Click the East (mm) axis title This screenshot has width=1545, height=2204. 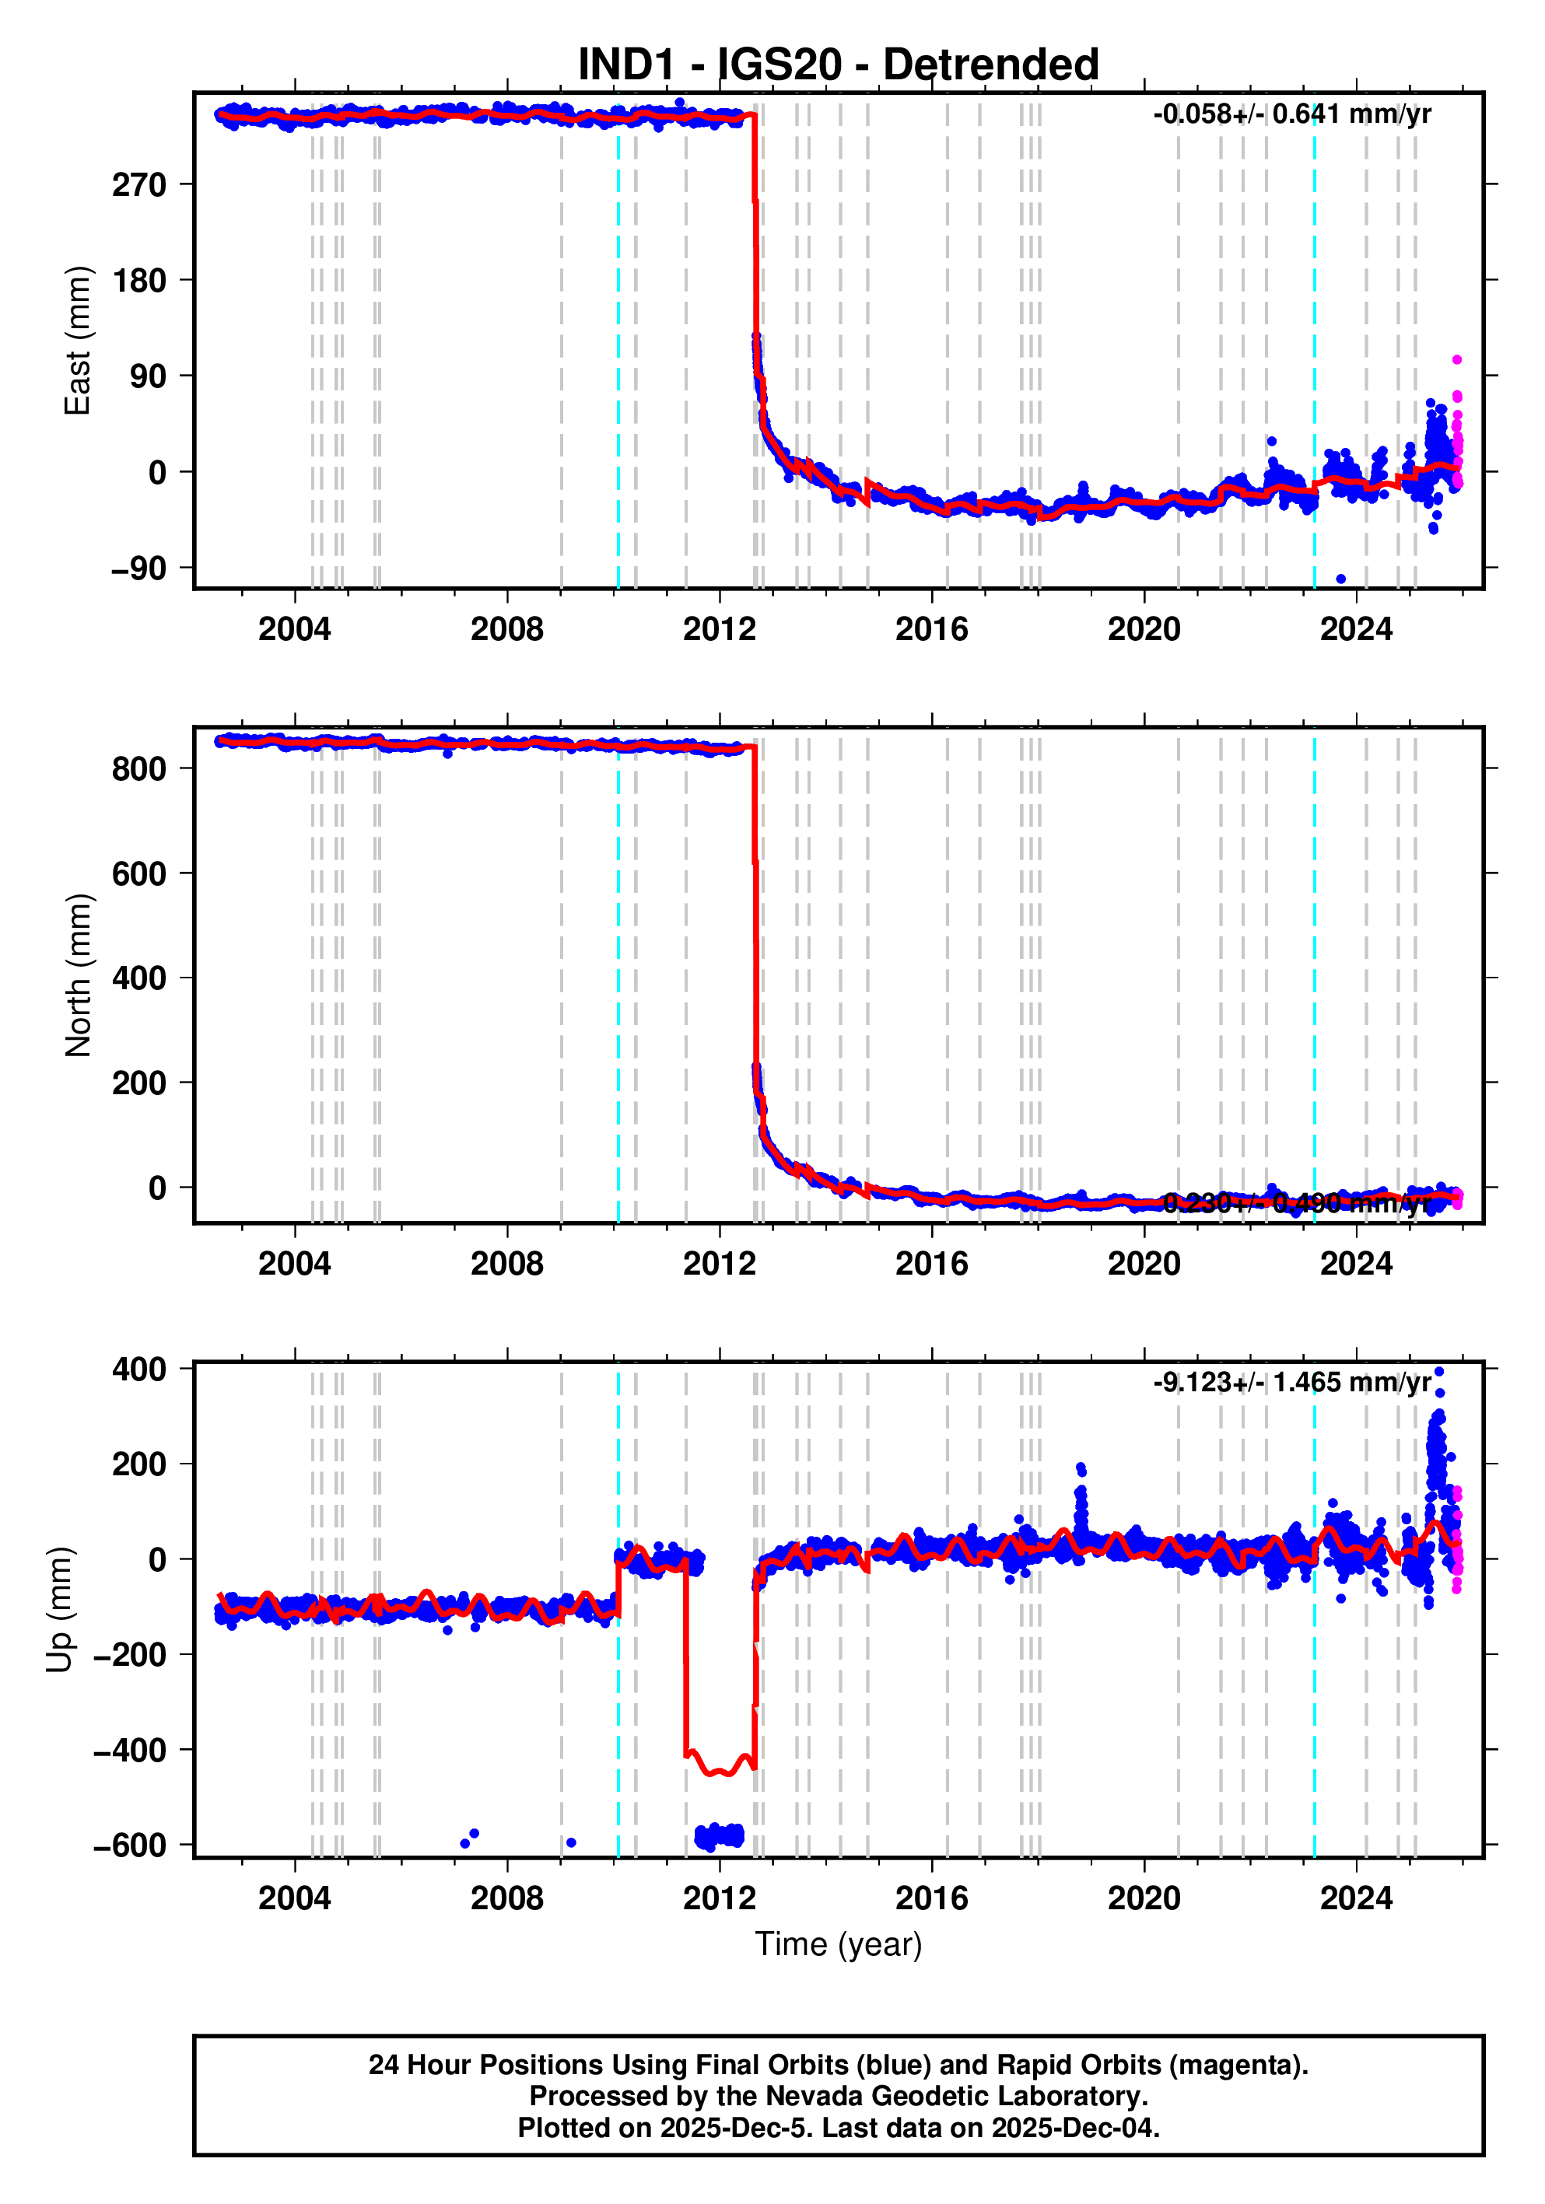(x=77, y=341)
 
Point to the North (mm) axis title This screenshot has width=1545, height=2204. (x=77, y=975)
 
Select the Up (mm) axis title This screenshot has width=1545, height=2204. (x=60, y=1610)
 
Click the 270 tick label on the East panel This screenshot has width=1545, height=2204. (x=139, y=184)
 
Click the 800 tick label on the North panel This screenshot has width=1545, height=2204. (x=139, y=768)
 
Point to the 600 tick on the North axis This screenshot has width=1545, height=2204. (x=139, y=873)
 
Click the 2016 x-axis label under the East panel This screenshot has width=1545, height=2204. (x=931, y=630)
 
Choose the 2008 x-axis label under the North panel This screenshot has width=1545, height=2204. (x=507, y=1265)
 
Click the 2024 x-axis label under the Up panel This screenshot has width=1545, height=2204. (x=1356, y=1898)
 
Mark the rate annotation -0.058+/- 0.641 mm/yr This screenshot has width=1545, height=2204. (x=1291, y=114)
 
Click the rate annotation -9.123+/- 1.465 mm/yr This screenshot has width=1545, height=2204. (x=1291, y=1382)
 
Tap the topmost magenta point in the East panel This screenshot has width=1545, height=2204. (x=1456, y=360)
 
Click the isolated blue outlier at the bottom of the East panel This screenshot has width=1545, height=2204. (x=1340, y=579)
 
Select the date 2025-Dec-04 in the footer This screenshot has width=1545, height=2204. (x=1075, y=2127)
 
